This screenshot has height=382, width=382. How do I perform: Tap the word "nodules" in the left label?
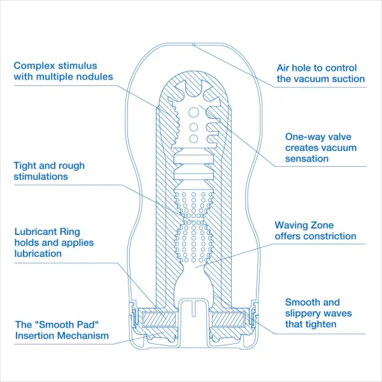(x=94, y=76)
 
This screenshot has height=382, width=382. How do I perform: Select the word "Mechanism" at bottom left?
(x=84, y=336)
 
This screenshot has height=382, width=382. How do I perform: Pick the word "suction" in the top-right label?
(x=347, y=79)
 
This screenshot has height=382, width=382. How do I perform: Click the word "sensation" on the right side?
(x=307, y=159)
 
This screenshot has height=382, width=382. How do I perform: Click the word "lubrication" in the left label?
(x=38, y=253)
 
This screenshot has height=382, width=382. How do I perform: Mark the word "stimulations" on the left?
(x=40, y=176)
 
